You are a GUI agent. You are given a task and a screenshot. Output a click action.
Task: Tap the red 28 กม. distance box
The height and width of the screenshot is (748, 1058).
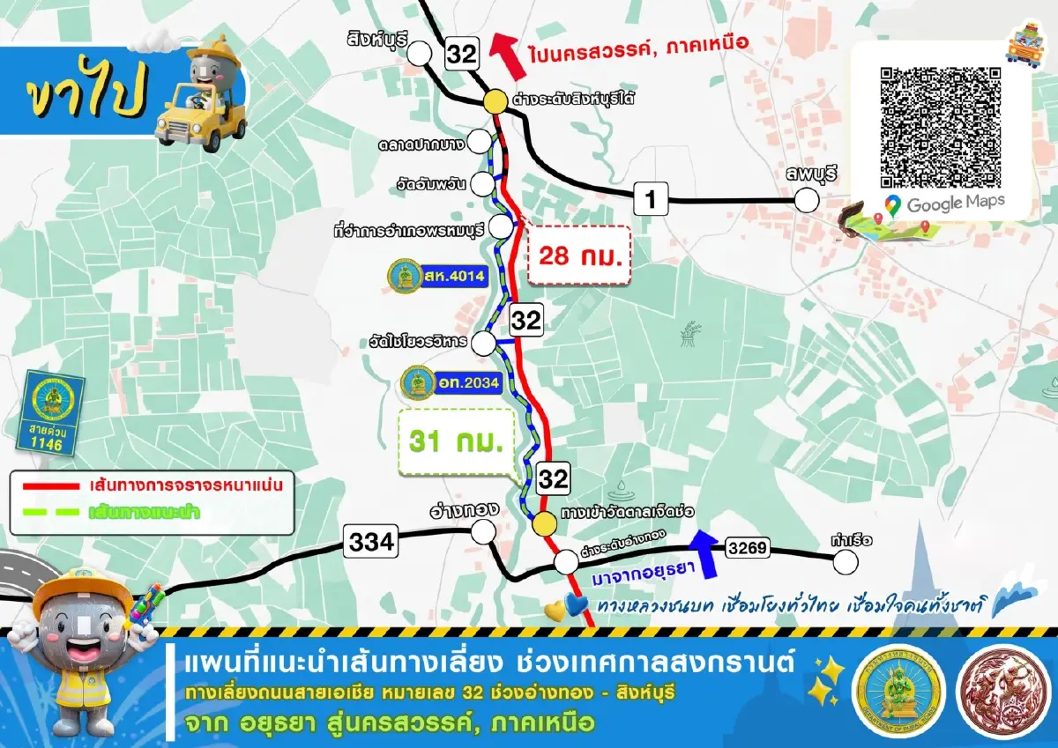(x=579, y=256)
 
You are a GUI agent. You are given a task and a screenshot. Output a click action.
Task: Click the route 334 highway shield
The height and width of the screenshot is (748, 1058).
(x=371, y=542)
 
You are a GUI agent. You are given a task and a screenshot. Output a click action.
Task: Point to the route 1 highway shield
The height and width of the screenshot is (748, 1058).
(x=651, y=200)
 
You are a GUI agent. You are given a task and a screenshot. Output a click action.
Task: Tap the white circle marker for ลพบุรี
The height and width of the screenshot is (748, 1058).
(x=806, y=201)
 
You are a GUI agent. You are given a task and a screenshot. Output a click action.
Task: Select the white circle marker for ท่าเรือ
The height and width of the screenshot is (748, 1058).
(x=846, y=561)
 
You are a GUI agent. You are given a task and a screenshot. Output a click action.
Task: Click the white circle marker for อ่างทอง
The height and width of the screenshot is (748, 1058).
(x=483, y=531)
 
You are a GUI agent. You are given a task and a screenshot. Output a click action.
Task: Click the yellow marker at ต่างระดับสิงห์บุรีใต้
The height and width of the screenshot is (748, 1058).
(x=495, y=102)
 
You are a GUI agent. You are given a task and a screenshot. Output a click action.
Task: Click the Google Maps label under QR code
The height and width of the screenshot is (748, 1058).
(x=942, y=205)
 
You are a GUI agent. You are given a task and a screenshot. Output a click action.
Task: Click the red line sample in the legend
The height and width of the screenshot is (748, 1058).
(x=47, y=485)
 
